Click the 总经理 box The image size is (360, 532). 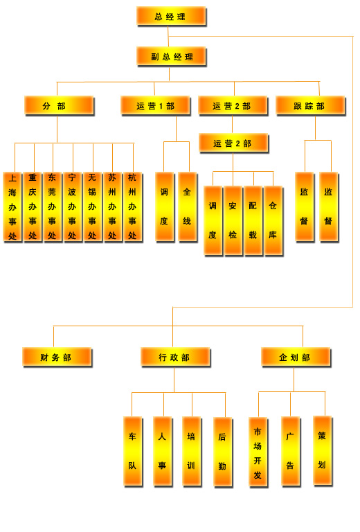point(171,17)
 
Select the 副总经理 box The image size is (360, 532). point(171,56)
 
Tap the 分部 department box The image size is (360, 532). point(59,106)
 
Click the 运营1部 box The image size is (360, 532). point(156,106)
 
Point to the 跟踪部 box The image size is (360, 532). point(311,106)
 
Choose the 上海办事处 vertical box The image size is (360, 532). point(12,207)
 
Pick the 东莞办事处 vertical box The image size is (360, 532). point(52,207)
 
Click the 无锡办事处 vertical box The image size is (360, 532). point(93,207)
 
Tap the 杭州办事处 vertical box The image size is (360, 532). point(132,207)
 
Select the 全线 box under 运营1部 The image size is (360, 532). point(188,207)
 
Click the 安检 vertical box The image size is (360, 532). point(233,220)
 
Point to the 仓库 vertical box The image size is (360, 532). point(273,220)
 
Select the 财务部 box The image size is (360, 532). point(57,357)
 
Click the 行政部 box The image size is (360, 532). point(175,357)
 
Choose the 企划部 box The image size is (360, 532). point(296,357)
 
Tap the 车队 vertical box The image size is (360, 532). point(132,451)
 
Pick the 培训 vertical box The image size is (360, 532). point(192,451)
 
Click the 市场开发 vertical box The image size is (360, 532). point(258,452)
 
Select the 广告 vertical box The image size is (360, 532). point(291,451)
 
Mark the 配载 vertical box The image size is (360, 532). point(253,220)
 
